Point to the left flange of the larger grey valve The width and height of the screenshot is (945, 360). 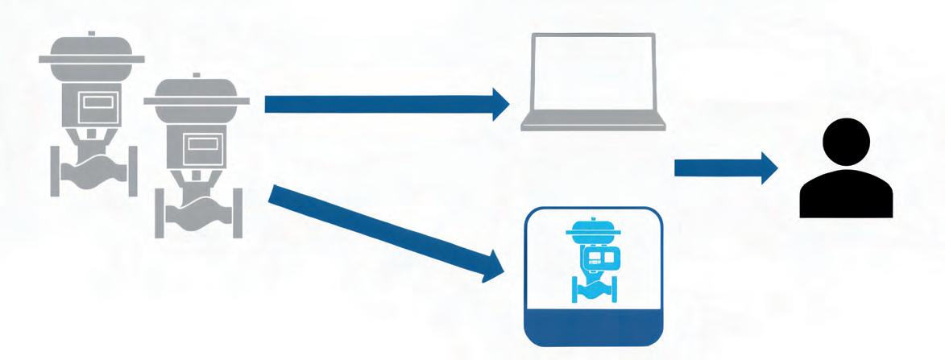point(57,169)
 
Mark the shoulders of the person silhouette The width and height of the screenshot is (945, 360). point(845,193)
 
